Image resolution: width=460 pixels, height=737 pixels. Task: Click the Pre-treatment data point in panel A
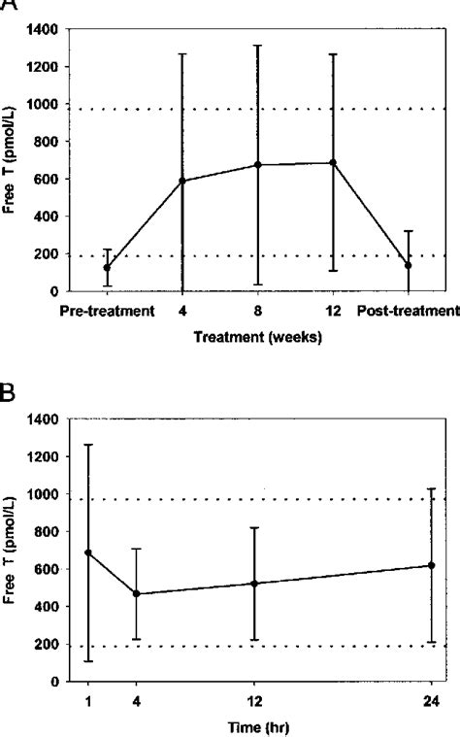[107, 267]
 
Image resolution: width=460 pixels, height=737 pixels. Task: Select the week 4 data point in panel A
[182, 181]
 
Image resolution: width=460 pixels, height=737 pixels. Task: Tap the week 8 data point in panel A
[258, 165]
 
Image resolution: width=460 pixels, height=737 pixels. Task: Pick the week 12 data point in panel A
[334, 163]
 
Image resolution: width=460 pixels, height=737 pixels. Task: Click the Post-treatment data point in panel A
[409, 265]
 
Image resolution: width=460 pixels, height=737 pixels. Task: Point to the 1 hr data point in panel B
[89, 553]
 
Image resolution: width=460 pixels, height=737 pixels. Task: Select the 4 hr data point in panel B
[137, 593]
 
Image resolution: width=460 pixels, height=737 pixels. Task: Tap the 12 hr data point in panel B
[255, 584]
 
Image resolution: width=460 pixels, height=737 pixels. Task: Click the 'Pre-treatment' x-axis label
[107, 312]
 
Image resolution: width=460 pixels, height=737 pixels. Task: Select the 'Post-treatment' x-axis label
[409, 312]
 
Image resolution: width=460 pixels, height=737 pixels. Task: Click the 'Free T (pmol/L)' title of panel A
[12, 160]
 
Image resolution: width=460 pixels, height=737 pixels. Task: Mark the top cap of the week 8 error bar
[258, 45]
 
